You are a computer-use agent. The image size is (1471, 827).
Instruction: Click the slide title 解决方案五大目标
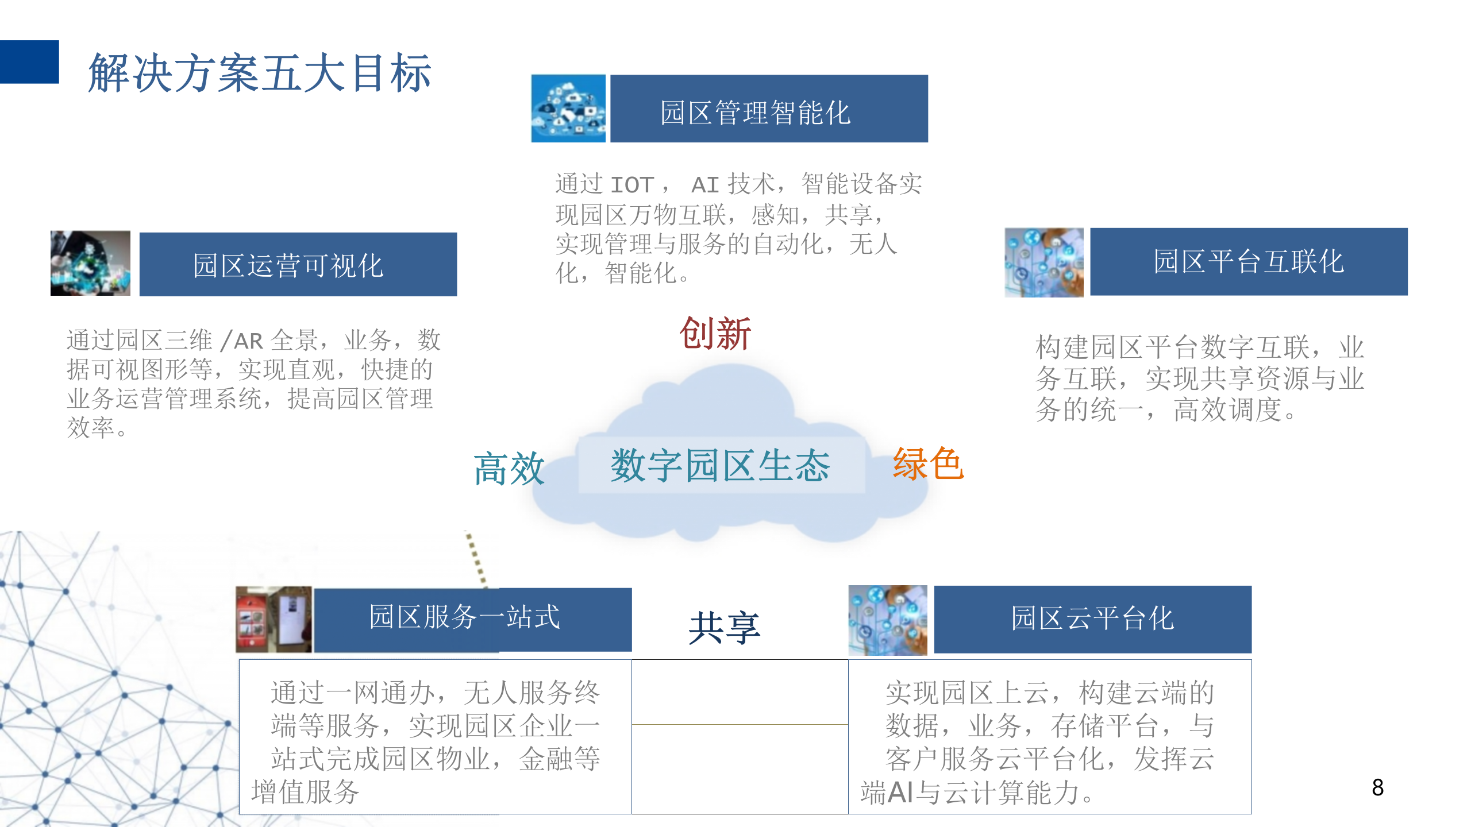point(260,73)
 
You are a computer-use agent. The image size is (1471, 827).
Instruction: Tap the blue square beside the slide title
point(29,62)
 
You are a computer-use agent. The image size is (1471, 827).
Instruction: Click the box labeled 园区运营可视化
point(298,265)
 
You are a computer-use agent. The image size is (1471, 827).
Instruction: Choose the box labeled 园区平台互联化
point(1248,262)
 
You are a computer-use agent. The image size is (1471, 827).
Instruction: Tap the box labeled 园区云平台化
point(1092,619)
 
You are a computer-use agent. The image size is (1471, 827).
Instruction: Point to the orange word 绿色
point(927,464)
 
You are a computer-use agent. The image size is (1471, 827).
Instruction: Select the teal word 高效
point(509,469)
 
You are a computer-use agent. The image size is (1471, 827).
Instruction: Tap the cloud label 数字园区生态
point(721,465)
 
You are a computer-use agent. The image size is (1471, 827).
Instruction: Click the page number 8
point(1377,787)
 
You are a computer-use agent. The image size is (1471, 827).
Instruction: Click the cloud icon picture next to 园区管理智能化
point(568,109)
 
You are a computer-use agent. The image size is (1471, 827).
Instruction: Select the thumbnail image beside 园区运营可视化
point(90,264)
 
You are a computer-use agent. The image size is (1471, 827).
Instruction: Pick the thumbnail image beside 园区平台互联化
point(1043,262)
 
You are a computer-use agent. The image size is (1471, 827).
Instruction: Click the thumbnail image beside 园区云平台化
point(888,620)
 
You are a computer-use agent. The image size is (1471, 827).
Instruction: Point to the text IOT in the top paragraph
point(632,185)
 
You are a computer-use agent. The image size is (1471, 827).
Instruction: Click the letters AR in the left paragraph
point(248,341)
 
